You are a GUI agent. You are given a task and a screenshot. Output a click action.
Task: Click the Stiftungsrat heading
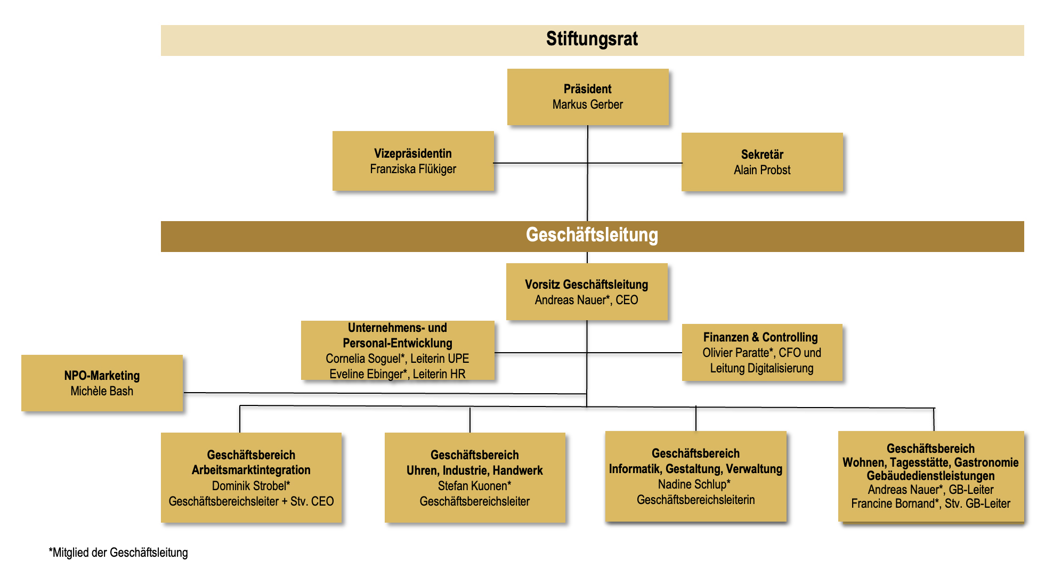tap(592, 39)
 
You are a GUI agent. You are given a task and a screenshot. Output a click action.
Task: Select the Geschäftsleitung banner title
tap(592, 235)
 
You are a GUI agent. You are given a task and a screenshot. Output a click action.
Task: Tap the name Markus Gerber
tap(587, 104)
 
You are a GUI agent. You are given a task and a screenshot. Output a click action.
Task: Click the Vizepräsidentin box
tap(413, 161)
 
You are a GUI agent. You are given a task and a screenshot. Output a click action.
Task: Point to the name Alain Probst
tap(762, 170)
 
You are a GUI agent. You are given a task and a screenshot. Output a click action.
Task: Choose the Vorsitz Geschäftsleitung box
tap(587, 291)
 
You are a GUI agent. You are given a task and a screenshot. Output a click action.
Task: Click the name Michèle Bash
tap(102, 391)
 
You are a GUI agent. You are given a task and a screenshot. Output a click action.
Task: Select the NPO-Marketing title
tap(102, 376)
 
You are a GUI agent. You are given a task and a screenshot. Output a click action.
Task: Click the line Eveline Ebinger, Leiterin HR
tap(397, 374)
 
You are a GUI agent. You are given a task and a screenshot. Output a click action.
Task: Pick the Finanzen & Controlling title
tap(760, 337)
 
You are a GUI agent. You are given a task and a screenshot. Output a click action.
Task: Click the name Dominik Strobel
tap(249, 486)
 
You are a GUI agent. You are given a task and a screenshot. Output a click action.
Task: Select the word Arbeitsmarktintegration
tap(251, 470)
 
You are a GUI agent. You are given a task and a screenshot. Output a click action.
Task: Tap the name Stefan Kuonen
tap(472, 486)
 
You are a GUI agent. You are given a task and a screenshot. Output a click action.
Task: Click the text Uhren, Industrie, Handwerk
tap(474, 470)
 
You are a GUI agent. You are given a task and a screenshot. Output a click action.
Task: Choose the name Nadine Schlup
tap(692, 484)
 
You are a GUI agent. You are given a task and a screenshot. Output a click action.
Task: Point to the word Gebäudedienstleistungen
tap(930, 476)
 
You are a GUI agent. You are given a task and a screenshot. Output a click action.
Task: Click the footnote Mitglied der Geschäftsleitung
tap(119, 552)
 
